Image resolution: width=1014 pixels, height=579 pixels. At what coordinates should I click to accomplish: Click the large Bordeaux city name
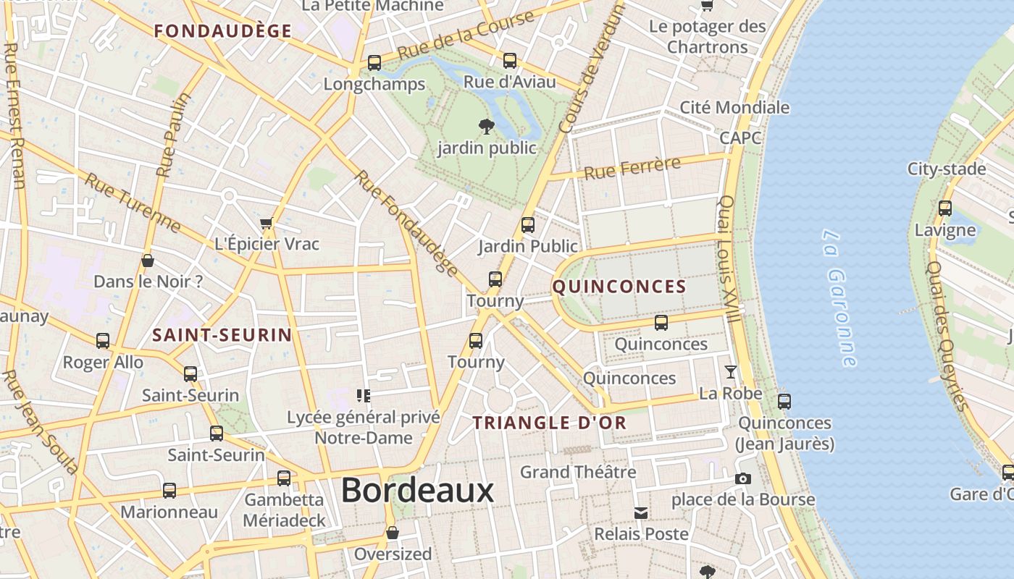click(417, 491)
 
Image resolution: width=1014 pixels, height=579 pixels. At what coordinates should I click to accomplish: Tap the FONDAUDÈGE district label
click(223, 31)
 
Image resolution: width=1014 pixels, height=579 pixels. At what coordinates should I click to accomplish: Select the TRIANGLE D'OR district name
click(550, 423)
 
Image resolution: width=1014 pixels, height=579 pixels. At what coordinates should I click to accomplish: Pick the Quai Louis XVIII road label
click(729, 259)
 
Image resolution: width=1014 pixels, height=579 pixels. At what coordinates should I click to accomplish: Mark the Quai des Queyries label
click(947, 336)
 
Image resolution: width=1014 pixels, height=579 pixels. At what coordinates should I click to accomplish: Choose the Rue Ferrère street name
click(632, 168)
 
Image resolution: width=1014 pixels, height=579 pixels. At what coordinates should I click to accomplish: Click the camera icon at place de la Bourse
click(742, 478)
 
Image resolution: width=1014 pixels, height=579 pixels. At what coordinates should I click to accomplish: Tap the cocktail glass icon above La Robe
click(730, 372)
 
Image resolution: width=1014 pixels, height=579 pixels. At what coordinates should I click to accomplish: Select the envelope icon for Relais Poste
click(641, 513)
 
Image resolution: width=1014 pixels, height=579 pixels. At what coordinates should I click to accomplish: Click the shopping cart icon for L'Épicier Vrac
click(266, 223)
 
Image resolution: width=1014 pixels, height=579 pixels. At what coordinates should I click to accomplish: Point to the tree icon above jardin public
click(487, 127)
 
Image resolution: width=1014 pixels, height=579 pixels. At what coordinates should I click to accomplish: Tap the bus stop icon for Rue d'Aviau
click(510, 60)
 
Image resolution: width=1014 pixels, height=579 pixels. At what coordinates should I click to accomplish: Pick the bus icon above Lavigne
click(945, 208)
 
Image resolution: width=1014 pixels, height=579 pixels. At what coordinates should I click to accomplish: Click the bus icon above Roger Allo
click(103, 340)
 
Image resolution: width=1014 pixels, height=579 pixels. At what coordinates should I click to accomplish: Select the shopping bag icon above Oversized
click(393, 533)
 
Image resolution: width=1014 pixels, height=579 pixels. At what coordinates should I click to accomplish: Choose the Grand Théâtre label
click(578, 473)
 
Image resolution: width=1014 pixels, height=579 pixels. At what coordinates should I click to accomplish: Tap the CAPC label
click(740, 138)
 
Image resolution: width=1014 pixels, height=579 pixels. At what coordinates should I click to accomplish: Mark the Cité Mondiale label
click(734, 108)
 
